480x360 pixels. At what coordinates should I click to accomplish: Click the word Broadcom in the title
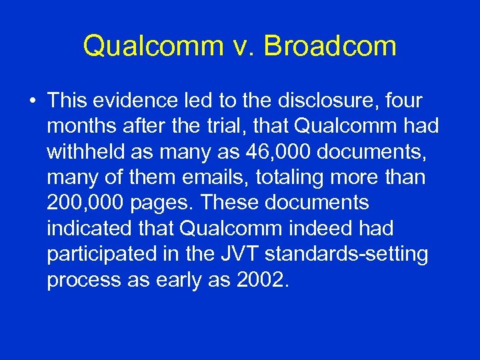[x=331, y=46]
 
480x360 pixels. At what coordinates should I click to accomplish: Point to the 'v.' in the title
[x=244, y=46]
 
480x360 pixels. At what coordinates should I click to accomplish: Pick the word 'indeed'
[x=307, y=228]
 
